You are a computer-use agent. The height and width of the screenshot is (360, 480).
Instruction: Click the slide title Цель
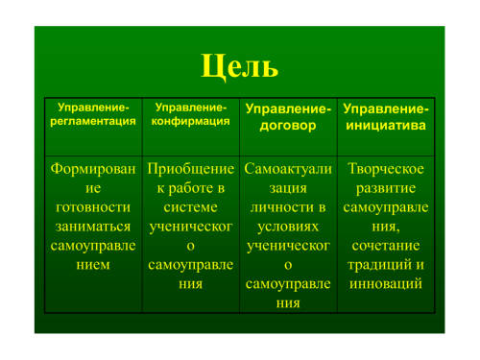(x=239, y=66)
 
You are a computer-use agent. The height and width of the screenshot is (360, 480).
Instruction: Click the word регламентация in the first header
(x=93, y=121)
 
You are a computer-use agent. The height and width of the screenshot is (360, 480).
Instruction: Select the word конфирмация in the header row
(x=190, y=121)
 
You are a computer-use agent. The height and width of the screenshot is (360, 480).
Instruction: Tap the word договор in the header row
(x=288, y=126)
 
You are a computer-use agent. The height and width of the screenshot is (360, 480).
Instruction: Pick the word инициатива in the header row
(x=386, y=125)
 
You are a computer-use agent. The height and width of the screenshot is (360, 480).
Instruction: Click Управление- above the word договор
(x=288, y=108)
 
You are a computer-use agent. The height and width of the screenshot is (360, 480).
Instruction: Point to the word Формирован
(x=93, y=169)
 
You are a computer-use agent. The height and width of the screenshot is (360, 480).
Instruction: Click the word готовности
(x=93, y=207)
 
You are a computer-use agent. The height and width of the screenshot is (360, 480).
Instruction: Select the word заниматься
(x=93, y=227)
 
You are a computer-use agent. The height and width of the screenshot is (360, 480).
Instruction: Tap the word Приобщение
(x=190, y=169)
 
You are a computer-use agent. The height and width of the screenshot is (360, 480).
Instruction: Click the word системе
(x=190, y=207)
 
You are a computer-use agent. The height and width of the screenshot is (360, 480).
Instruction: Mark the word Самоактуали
(x=288, y=169)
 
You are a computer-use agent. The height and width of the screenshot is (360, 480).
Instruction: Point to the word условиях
(x=288, y=228)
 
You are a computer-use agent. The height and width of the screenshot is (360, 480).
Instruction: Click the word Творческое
(x=386, y=169)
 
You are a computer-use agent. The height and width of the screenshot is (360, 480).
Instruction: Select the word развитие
(x=386, y=188)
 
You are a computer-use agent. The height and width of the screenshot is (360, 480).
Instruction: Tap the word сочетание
(x=386, y=246)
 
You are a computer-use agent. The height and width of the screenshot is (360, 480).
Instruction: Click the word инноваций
(x=386, y=284)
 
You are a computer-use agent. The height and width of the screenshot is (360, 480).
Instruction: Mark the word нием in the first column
(x=93, y=265)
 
